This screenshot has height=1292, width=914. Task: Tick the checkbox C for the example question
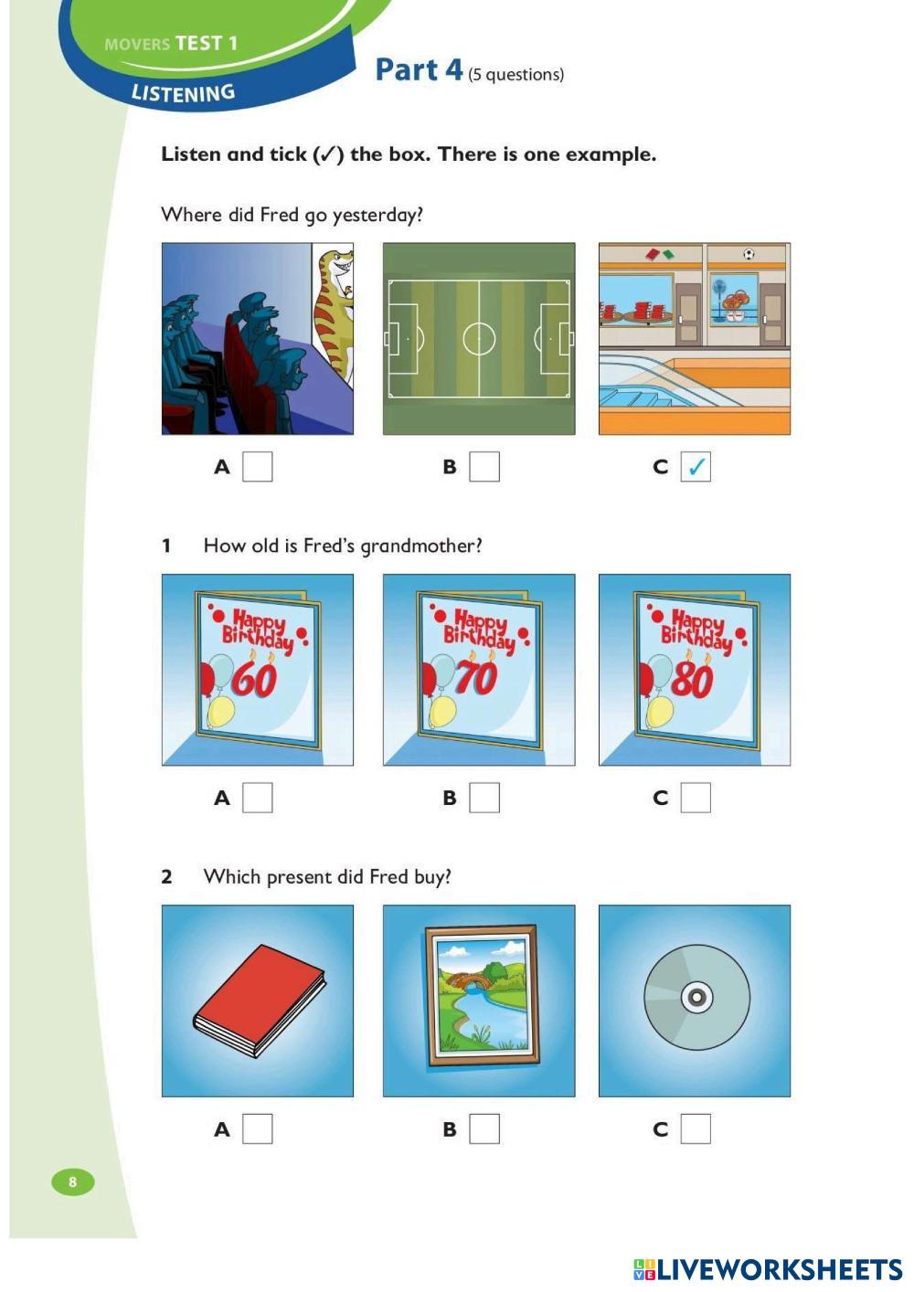click(x=696, y=467)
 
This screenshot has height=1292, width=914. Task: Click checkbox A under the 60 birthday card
click(x=258, y=798)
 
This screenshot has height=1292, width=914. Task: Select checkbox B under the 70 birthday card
click(x=484, y=798)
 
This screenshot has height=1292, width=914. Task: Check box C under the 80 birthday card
click(x=696, y=798)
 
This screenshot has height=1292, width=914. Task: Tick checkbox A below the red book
click(x=258, y=1128)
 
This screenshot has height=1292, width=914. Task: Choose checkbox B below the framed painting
click(x=484, y=1128)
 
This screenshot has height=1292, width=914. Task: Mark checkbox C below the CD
click(x=696, y=1128)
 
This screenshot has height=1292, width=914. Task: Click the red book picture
click(x=259, y=1001)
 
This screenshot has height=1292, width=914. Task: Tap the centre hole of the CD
click(x=696, y=997)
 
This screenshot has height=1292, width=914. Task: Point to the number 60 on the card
click(x=254, y=681)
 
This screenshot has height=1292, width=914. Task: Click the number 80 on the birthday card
click(x=692, y=681)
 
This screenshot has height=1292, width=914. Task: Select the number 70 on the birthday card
click(x=475, y=678)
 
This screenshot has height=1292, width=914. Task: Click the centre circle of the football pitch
click(x=479, y=338)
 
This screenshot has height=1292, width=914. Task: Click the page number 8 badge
click(x=73, y=1181)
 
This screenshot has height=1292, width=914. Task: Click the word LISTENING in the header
click(x=184, y=93)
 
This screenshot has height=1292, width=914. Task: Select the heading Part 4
click(x=419, y=69)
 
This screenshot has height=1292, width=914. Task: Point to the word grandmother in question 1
click(x=421, y=545)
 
